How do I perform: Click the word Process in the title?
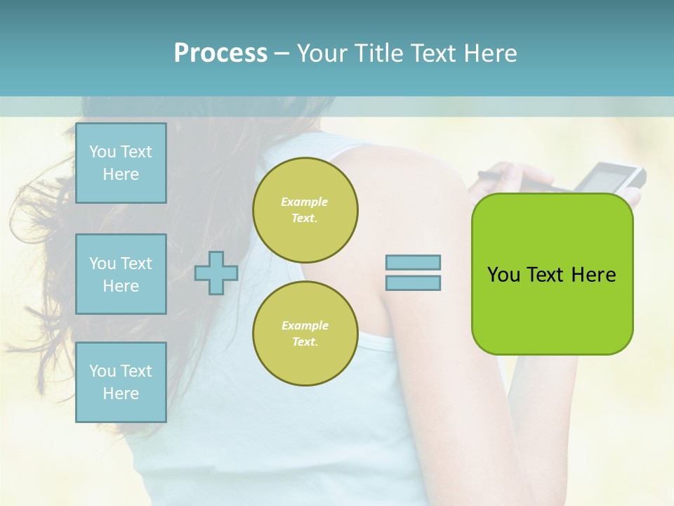point(220,53)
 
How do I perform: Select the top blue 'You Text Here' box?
point(121,163)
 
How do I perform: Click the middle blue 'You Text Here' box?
point(121,274)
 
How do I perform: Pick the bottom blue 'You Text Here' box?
point(121,382)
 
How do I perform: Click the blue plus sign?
point(216,273)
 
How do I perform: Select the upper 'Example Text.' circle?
point(305,209)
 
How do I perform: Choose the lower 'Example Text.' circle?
point(305,333)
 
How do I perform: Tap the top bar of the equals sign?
point(413,262)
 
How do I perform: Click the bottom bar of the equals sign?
point(413,283)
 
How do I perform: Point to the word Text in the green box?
point(546,275)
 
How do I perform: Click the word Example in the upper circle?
point(305,202)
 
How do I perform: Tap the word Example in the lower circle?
point(305,325)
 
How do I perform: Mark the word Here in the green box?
point(593,275)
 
